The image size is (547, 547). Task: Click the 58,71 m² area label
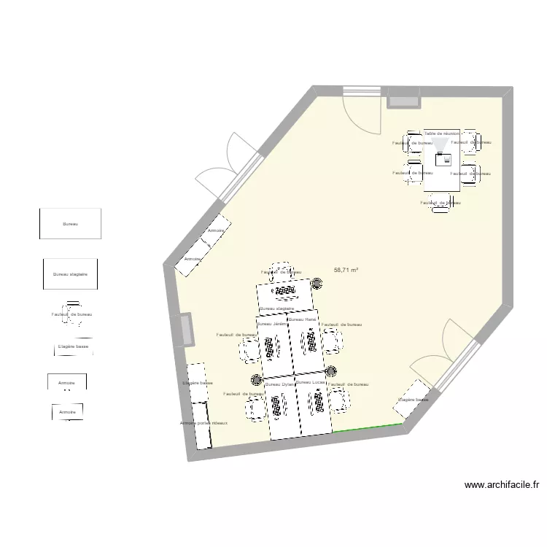click(346, 270)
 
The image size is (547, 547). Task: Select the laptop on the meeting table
click(441, 158)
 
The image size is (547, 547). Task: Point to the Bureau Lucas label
click(310, 382)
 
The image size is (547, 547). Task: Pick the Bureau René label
click(302, 319)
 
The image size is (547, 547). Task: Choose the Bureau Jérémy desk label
click(271, 323)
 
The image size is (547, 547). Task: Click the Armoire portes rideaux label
click(203, 423)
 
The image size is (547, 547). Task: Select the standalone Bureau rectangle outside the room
click(70, 224)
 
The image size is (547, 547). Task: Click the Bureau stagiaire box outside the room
click(70, 274)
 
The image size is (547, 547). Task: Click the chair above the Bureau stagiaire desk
click(281, 271)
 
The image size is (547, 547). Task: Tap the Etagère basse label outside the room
click(73, 347)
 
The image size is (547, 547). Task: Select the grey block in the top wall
click(403, 98)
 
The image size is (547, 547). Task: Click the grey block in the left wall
click(186, 330)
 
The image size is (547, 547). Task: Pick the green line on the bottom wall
click(368, 427)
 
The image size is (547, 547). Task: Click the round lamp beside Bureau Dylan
click(256, 379)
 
